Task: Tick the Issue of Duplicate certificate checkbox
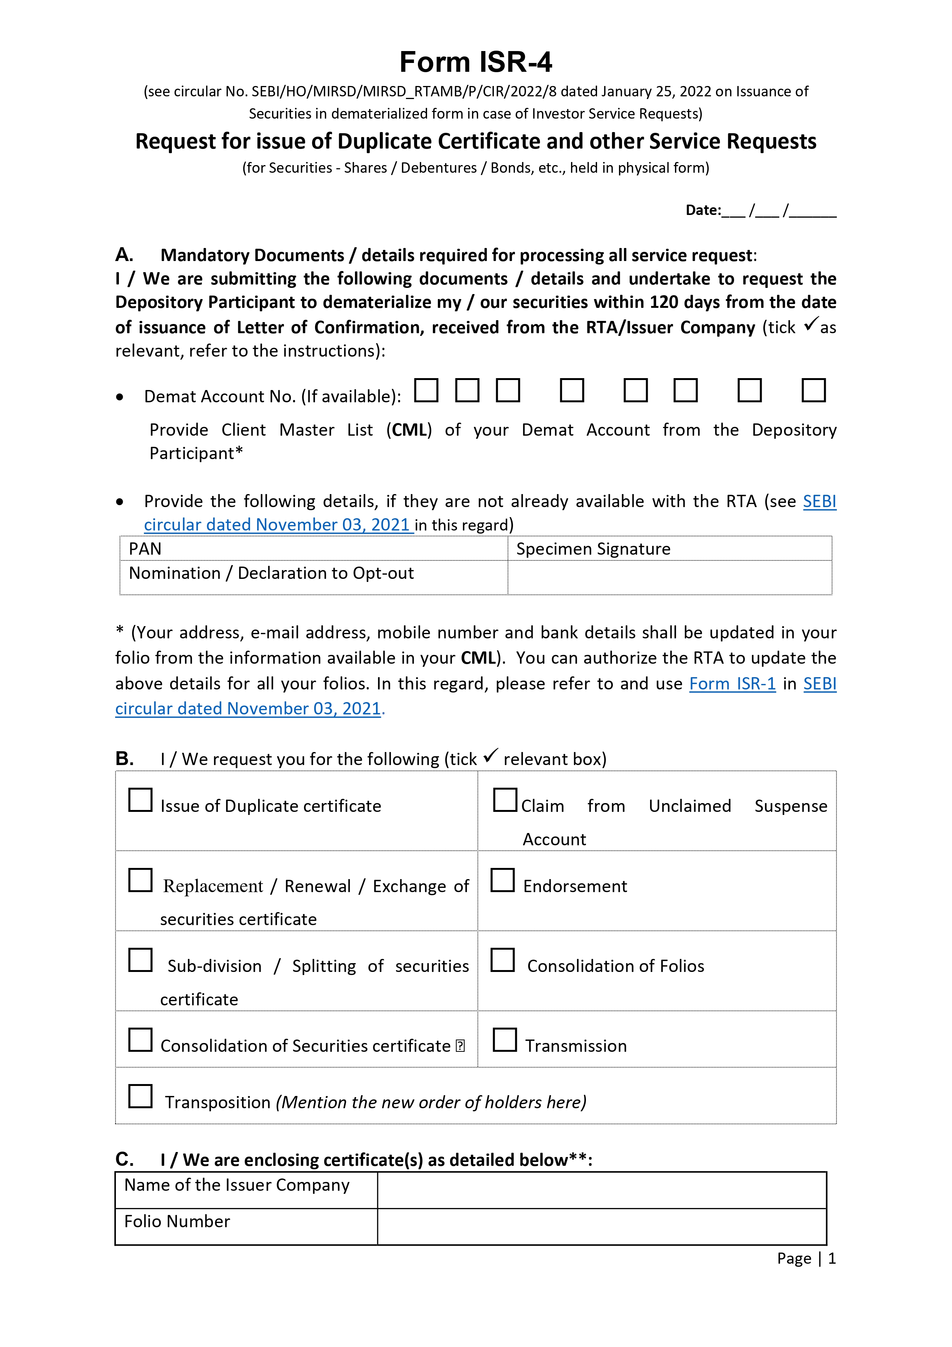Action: (x=140, y=800)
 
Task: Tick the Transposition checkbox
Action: (x=140, y=1096)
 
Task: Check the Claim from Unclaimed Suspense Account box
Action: (x=505, y=800)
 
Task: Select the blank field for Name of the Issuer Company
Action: (x=601, y=1190)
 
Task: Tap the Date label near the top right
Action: (x=703, y=210)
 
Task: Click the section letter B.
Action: (x=124, y=759)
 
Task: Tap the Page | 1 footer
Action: (x=806, y=1258)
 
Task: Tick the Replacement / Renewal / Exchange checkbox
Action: (x=140, y=880)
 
